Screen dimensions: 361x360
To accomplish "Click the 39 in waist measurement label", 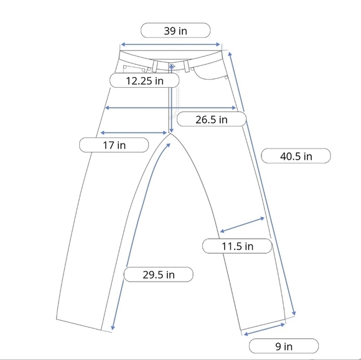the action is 176,30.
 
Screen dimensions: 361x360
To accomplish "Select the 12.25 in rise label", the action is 144,80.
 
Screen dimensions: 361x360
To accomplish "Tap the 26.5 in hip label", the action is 212,119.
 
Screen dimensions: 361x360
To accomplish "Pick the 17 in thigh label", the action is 114,145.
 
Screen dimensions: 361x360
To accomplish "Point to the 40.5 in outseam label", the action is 296,156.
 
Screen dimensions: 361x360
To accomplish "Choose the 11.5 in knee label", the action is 237,246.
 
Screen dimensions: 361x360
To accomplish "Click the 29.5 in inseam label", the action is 158,274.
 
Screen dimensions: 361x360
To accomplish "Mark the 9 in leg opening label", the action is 284,346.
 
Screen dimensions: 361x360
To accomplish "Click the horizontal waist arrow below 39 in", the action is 171,44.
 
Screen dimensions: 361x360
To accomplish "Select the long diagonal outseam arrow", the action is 262,183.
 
